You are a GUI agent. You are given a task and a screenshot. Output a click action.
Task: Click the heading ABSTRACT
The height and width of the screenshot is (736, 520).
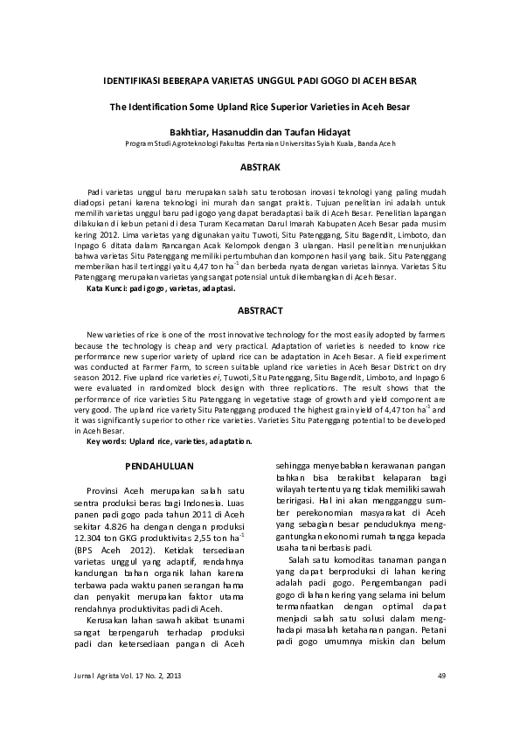[x=260, y=310]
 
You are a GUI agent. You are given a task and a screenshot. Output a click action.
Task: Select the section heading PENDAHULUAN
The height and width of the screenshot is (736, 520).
[x=159, y=468]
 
